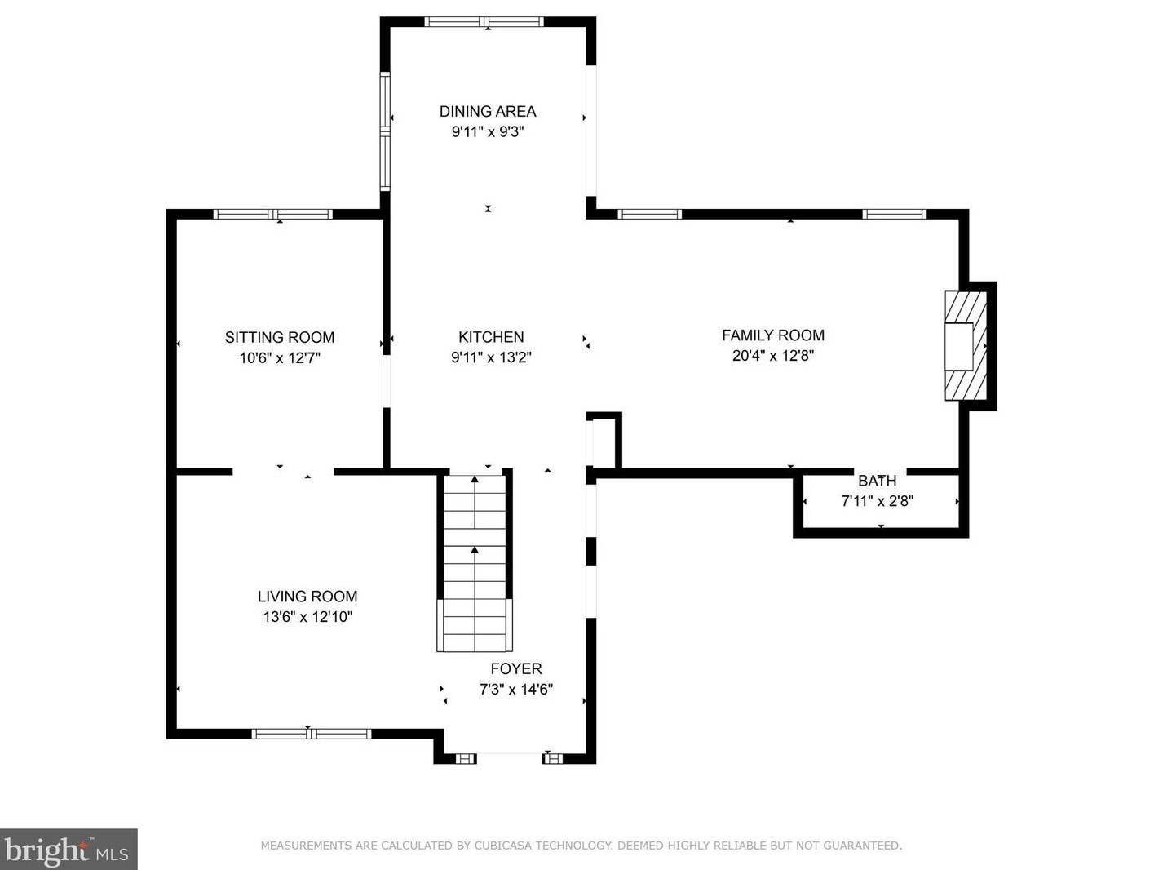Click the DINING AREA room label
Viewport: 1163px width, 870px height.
(x=488, y=111)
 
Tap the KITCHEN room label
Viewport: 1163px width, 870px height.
(x=491, y=336)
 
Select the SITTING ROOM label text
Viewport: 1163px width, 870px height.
(x=280, y=337)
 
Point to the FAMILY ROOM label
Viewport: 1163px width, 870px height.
(x=773, y=335)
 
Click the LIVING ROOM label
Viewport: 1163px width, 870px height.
(x=307, y=597)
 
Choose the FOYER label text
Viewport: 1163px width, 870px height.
(x=516, y=668)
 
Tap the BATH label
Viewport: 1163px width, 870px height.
(x=878, y=481)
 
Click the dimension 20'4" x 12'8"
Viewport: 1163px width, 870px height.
(x=773, y=355)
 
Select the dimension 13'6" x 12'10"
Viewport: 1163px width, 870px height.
(x=307, y=617)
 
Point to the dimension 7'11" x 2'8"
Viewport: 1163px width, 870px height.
(x=878, y=501)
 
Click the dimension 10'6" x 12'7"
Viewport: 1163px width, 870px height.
(x=280, y=357)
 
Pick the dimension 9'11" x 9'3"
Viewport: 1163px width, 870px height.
(x=488, y=131)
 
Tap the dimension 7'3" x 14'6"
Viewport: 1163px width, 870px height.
(x=516, y=689)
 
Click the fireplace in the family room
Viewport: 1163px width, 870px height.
(x=966, y=346)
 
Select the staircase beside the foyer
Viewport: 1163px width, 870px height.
(x=475, y=563)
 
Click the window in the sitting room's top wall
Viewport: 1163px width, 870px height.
(x=273, y=214)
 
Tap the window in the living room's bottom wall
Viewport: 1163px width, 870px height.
(x=312, y=734)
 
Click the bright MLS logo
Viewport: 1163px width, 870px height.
(x=69, y=849)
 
